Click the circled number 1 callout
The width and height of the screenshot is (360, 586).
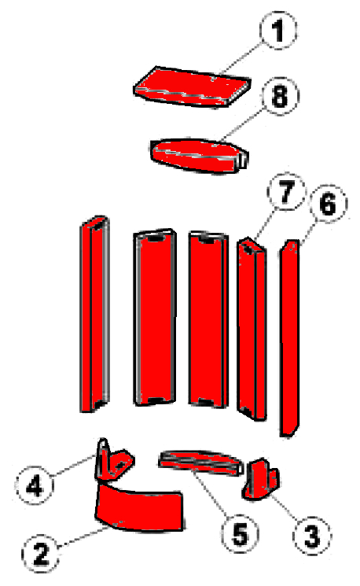(x=277, y=30)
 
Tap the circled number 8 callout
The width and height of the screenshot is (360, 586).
(x=281, y=96)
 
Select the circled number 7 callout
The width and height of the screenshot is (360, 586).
(x=286, y=192)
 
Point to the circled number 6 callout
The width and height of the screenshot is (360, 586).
(x=328, y=204)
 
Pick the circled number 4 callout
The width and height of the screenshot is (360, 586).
(x=35, y=486)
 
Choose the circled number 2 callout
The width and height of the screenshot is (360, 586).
(x=41, y=553)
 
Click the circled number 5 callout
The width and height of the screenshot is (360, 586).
(x=240, y=533)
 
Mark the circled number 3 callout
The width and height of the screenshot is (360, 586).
(x=312, y=536)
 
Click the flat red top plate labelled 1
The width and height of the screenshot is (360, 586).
(x=192, y=87)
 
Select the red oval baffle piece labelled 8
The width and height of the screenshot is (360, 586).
(x=199, y=156)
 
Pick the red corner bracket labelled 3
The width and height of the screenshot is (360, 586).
(x=260, y=479)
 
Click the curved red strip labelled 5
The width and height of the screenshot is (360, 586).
(x=200, y=463)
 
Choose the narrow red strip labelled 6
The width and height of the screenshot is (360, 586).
(x=290, y=337)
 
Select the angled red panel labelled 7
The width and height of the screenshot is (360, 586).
(x=252, y=329)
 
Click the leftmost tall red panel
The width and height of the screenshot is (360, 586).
(x=95, y=314)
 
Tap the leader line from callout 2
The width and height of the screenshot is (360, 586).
(x=82, y=536)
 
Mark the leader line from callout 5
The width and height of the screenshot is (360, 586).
(x=213, y=493)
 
